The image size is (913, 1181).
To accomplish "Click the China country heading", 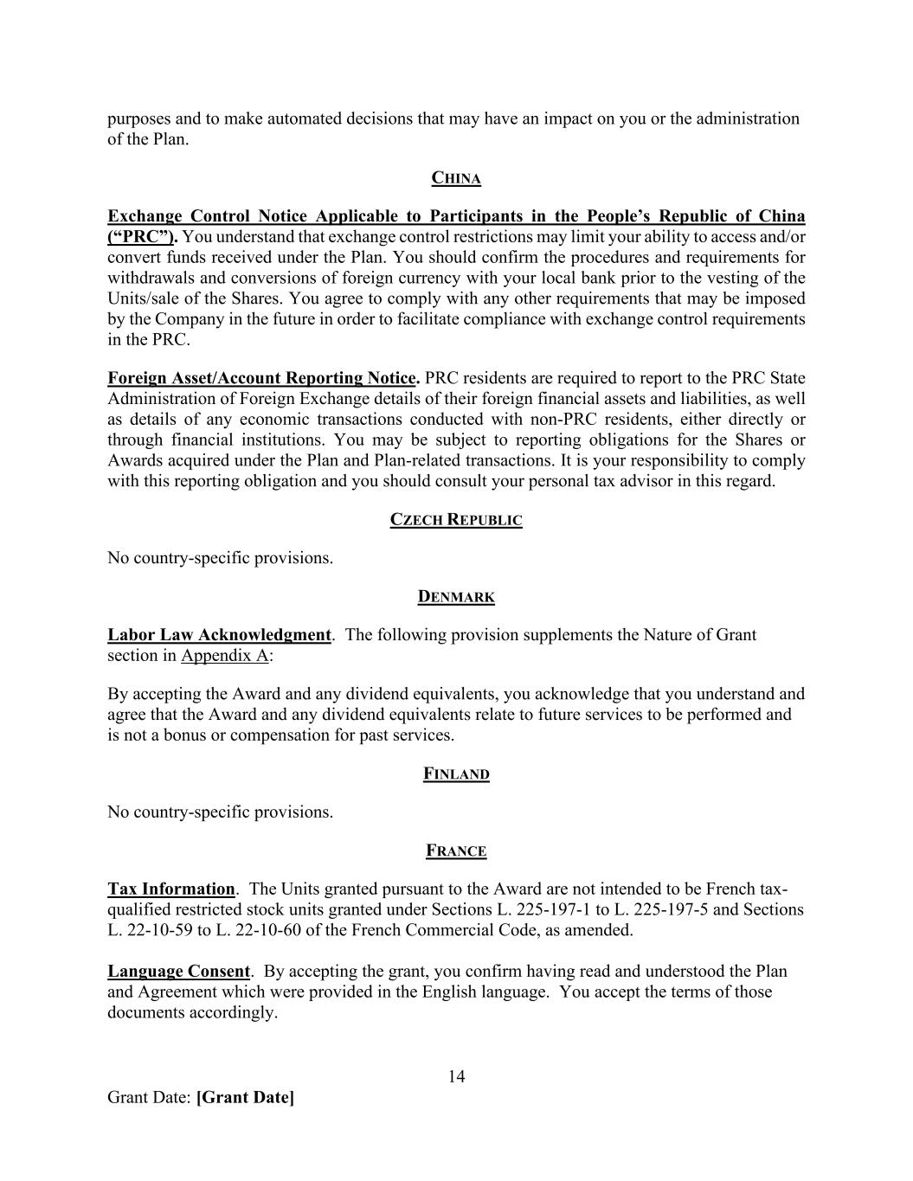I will (x=456, y=178).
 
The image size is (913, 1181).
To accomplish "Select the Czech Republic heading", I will (x=456, y=520).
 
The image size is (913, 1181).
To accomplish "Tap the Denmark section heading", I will (x=456, y=597).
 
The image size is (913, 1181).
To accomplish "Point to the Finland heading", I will (x=456, y=774).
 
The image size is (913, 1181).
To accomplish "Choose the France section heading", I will (x=456, y=851).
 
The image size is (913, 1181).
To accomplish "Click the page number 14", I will (x=456, y=1076).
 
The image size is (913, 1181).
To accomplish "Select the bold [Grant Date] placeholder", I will (x=245, y=1098).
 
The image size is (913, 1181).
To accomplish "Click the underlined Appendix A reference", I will (x=224, y=656).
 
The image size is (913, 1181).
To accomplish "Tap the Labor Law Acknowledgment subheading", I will (x=219, y=635).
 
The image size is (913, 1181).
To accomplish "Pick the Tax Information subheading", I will (x=170, y=889).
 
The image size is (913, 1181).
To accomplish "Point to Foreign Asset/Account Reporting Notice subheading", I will (x=263, y=378).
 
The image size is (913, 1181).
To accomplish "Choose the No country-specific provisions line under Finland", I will (x=220, y=812).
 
